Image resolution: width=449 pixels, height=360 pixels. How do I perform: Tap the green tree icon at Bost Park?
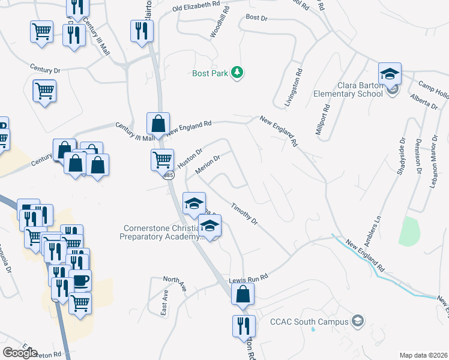pos(238,73)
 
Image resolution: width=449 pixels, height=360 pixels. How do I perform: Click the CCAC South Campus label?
pos(309,322)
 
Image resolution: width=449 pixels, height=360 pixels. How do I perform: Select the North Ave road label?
pos(175,283)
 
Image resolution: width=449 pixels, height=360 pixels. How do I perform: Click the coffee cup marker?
pos(80,280)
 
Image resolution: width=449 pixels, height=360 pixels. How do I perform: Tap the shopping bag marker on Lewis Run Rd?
pos(243,294)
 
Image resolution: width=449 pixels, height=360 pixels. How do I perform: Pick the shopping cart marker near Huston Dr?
pos(162,160)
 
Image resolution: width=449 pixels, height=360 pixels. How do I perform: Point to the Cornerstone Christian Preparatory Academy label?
pos(163,232)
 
